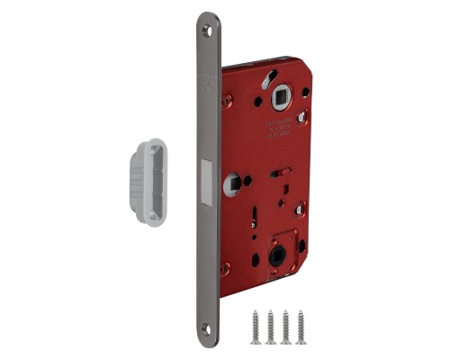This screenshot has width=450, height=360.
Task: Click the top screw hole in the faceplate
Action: click(x=210, y=29)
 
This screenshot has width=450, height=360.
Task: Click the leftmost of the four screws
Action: click(x=256, y=327)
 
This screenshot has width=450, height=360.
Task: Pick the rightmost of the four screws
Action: click(x=301, y=327)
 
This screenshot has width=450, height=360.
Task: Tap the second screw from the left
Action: click(x=271, y=327)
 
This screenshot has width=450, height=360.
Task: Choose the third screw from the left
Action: click(x=286, y=327)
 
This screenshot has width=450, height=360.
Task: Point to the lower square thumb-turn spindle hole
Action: click(x=276, y=256)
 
